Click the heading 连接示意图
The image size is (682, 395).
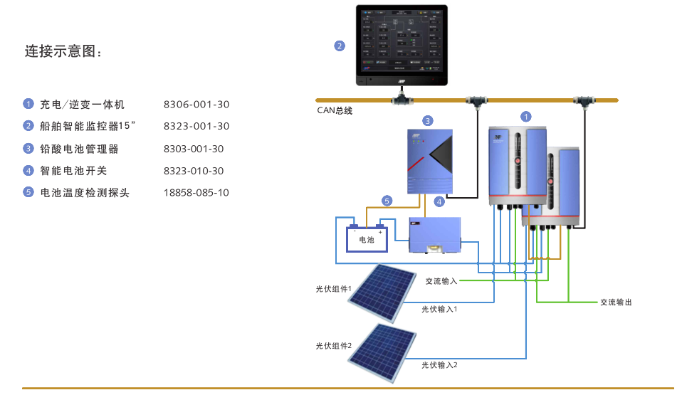63,51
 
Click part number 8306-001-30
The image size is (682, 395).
196,105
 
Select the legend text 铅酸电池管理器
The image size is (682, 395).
79,149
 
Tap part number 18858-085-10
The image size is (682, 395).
196,193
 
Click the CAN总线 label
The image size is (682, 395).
335,110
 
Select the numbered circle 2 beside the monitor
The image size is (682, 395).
340,46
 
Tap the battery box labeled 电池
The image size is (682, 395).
367,239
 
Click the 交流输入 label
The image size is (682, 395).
441,281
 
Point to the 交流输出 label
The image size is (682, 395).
616,302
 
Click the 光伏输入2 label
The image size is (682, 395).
439,365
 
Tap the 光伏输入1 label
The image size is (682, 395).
439,310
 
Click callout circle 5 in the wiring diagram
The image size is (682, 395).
387,201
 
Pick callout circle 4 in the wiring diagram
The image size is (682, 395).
439,202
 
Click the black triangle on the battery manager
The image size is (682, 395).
440,154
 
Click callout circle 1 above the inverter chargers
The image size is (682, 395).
525,116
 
